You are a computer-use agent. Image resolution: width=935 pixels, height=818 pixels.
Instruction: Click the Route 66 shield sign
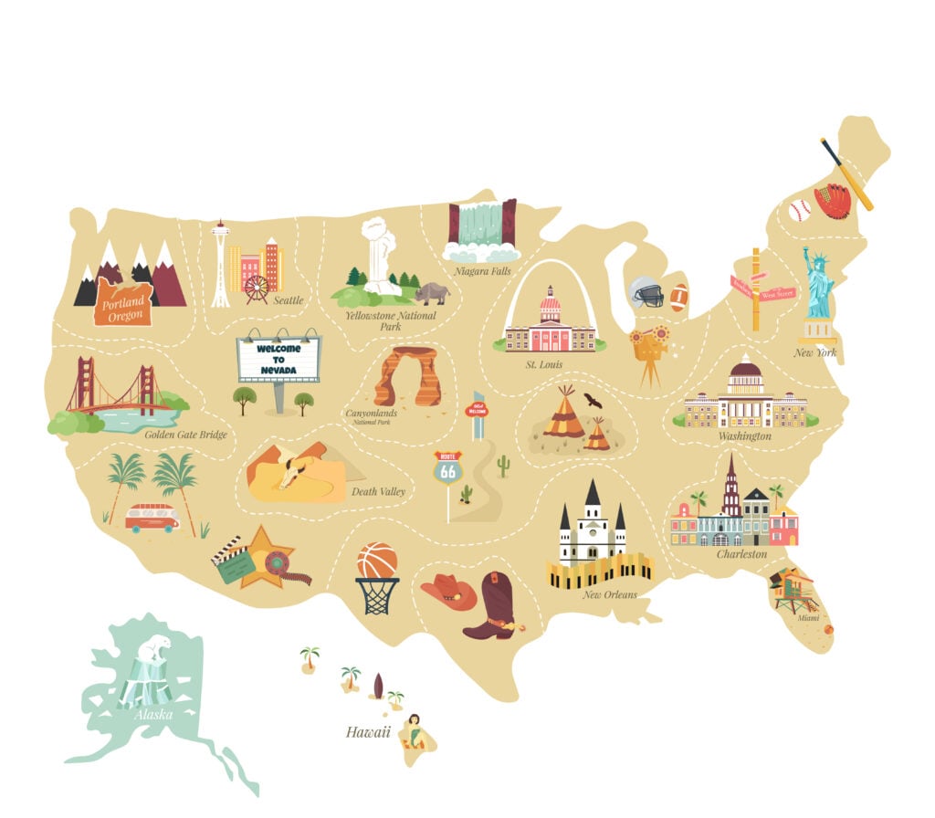point(447,467)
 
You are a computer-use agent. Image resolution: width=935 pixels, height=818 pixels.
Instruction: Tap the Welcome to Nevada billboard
point(278,359)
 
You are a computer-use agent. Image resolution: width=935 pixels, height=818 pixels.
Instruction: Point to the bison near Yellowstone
point(432,292)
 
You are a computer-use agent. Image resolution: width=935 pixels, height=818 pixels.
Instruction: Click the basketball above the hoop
point(376,561)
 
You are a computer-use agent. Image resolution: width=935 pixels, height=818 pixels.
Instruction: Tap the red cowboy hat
point(448,591)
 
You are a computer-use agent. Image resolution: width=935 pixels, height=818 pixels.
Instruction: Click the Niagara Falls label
point(483,271)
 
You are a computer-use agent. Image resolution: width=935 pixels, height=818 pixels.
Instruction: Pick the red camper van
point(152,518)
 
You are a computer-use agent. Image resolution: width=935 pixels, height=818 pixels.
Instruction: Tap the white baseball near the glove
point(799,211)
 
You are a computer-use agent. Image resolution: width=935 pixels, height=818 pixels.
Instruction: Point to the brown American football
point(678,298)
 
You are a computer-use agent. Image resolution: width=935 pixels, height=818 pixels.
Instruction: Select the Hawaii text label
point(368,731)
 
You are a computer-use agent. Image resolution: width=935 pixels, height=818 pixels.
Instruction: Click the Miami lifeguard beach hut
point(791,590)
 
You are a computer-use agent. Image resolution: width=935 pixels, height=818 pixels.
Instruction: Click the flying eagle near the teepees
point(594,401)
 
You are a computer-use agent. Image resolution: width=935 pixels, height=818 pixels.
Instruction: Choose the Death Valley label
point(378,492)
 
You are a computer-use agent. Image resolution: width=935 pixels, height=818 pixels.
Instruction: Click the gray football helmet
point(646,292)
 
